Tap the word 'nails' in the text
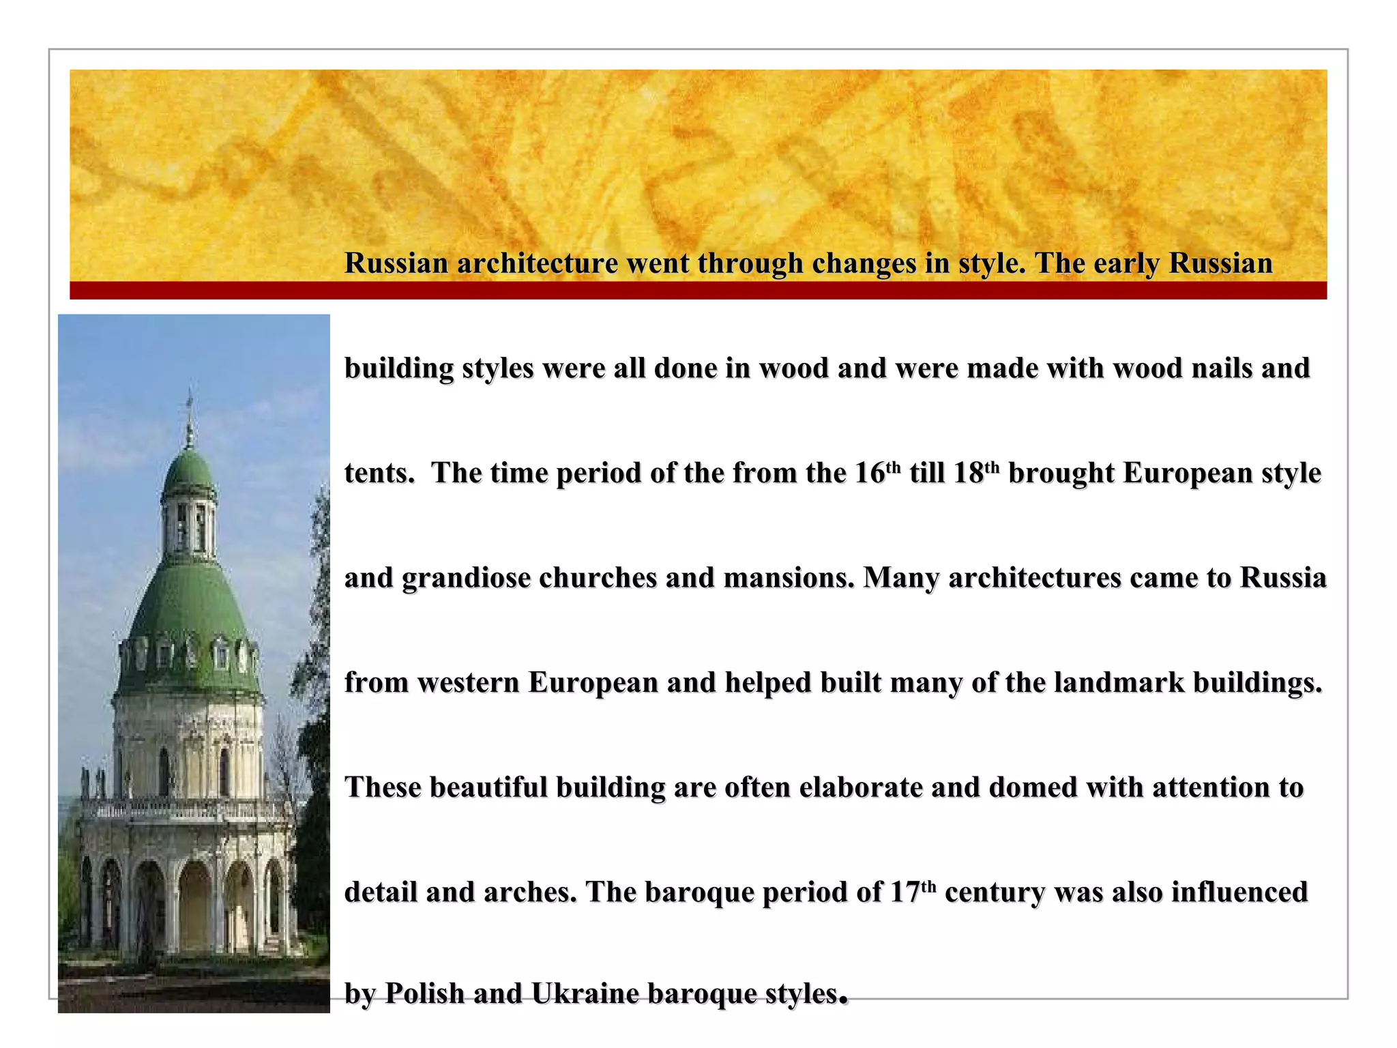point(1221,368)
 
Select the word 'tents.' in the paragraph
point(379,474)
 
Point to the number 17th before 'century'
point(913,892)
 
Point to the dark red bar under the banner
point(698,291)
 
